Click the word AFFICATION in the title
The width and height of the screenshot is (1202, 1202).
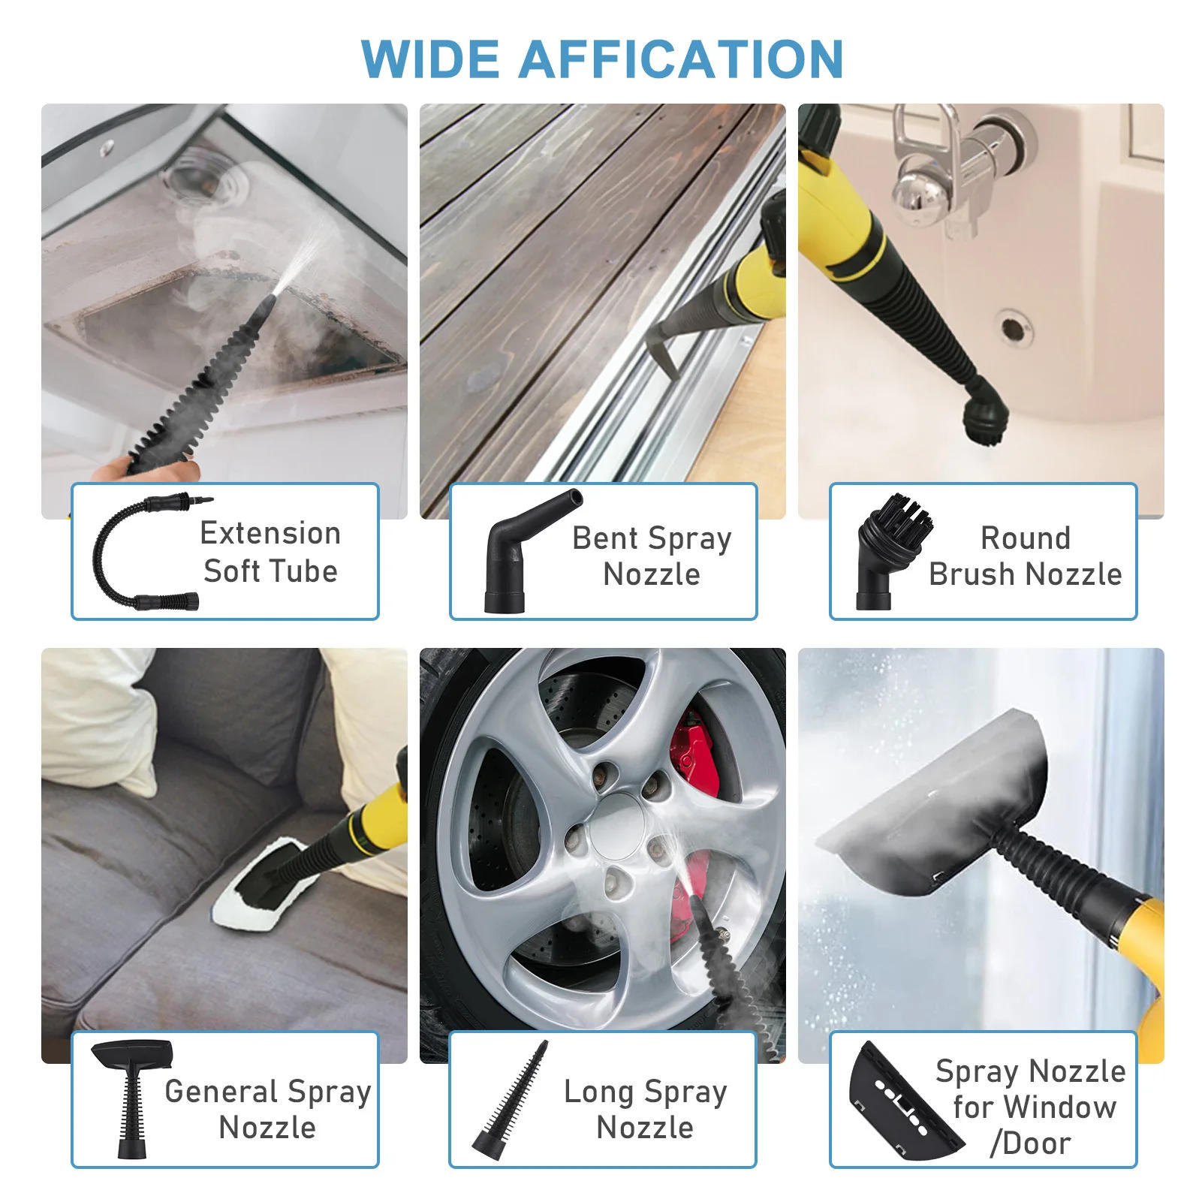tap(681, 59)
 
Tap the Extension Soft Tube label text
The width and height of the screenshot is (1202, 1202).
tap(270, 552)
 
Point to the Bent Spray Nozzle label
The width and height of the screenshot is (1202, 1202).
tap(652, 556)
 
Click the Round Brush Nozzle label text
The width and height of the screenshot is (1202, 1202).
tap(1025, 556)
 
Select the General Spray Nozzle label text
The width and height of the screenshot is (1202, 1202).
tap(268, 1108)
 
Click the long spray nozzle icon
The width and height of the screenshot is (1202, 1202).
tap(511, 1096)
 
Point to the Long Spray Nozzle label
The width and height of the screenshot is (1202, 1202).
tap(646, 1108)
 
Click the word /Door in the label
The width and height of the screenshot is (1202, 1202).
tap(1031, 1143)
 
